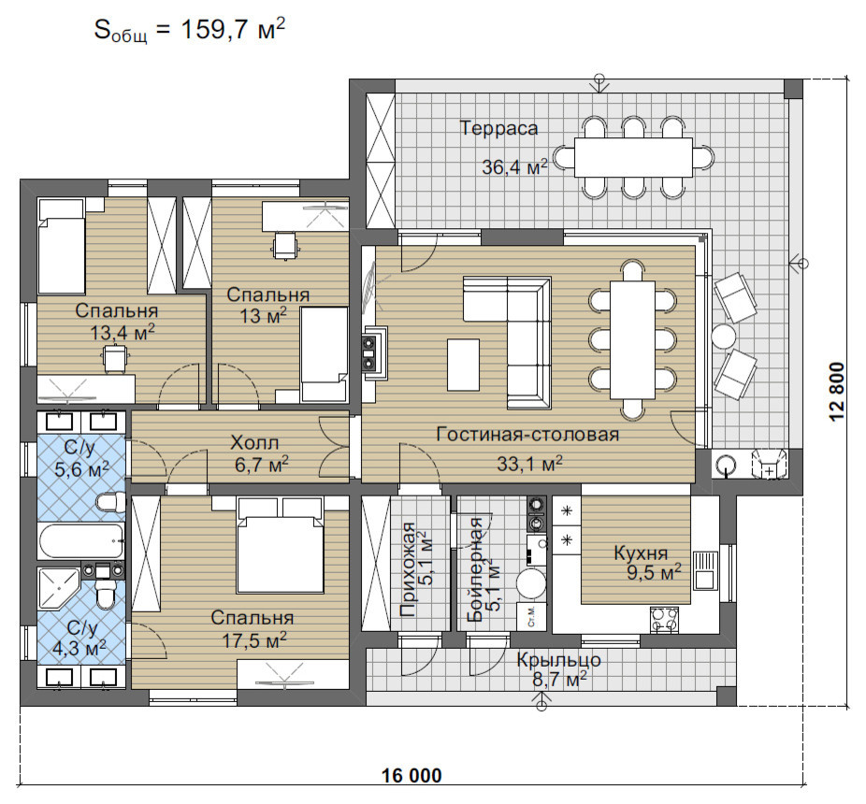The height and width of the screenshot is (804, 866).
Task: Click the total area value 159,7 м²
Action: coord(233,29)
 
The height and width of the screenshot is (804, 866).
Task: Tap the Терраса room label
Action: coord(498,128)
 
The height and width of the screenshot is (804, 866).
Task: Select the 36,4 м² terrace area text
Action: coord(514,166)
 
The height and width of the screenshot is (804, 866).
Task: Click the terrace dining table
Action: coord(633,157)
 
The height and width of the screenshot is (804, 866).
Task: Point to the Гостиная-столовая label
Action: coord(527,435)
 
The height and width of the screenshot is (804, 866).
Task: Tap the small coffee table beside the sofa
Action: coord(463,365)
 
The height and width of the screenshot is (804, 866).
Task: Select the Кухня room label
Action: coord(641,553)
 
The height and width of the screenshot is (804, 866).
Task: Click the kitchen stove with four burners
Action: coord(664,619)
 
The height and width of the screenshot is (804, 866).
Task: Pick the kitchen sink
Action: coord(703,570)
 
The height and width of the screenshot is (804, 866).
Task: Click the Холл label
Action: coord(254,443)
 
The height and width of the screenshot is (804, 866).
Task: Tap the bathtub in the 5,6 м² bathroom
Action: coord(80,541)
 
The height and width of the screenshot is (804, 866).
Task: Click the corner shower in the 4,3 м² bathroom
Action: coord(58,589)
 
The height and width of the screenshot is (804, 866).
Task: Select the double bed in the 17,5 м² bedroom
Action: coord(280,545)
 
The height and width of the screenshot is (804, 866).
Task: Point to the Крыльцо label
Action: coord(559,660)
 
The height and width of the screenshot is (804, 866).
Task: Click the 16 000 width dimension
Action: coord(412,776)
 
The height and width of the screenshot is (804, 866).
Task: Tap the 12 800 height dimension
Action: coord(837,392)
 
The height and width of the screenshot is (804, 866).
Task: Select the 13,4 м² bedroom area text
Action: coord(123,333)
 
